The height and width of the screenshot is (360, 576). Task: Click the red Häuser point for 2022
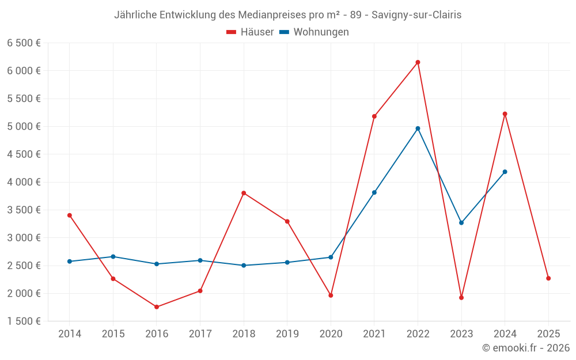click(x=418, y=62)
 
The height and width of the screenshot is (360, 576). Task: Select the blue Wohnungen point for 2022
click(x=418, y=128)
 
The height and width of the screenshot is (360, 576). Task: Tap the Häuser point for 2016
click(x=157, y=307)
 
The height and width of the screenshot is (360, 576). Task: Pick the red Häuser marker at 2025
click(x=548, y=278)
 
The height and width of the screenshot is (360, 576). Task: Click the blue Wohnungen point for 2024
click(x=505, y=172)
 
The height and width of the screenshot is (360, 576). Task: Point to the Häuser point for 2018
click(x=244, y=193)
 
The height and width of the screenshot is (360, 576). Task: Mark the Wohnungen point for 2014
click(x=70, y=262)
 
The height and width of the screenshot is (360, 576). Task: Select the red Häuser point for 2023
click(x=461, y=298)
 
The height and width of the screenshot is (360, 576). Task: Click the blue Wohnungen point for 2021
click(x=374, y=192)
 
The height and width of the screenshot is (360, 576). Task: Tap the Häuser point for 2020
click(x=331, y=295)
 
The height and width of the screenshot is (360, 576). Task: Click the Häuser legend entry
click(x=251, y=32)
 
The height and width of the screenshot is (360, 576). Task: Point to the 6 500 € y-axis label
click(x=24, y=43)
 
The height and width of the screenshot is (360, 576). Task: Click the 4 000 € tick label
click(x=24, y=182)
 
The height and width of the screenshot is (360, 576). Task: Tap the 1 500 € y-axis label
click(x=24, y=321)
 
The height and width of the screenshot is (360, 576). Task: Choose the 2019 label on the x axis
click(x=287, y=334)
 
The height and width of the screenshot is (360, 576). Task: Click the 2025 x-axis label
click(x=548, y=334)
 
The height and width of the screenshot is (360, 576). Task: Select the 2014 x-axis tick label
click(x=70, y=334)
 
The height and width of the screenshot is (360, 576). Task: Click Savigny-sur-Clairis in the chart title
click(x=416, y=15)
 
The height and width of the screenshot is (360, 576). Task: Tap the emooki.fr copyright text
click(x=526, y=348)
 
